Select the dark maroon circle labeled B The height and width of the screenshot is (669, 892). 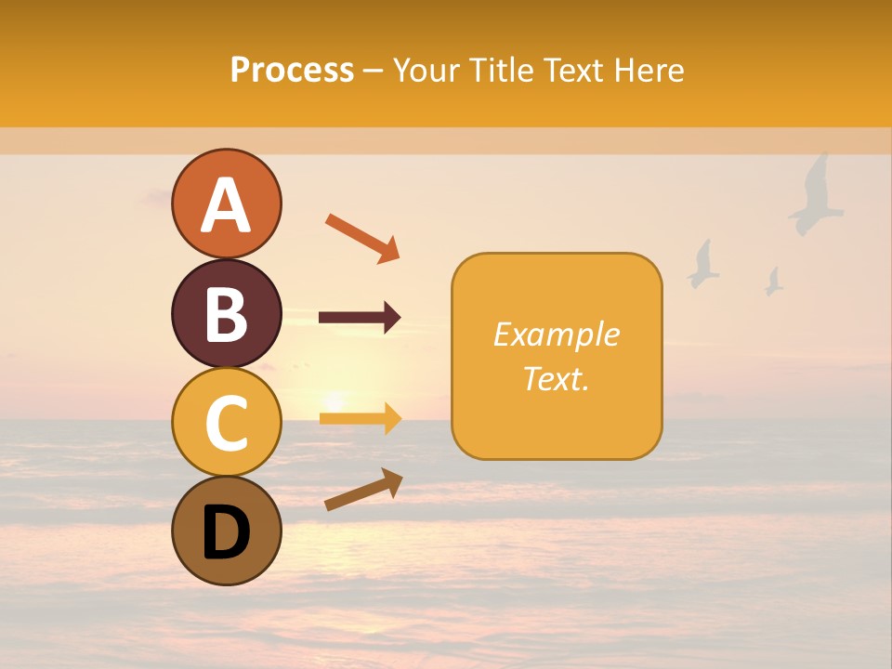tap(226, 313)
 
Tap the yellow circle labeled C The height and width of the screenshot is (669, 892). tap(226, 422)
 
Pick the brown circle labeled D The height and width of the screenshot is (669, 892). tap(226, 531)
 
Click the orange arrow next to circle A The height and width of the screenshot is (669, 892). tap(362, 237)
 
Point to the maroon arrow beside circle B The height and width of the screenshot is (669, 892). tap(360, 318)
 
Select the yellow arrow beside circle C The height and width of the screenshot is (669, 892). tap(360, 419)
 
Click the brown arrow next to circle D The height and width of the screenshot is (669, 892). tap(363, 490)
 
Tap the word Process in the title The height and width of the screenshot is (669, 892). tap(292, 70)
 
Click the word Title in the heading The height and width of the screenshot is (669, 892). tap(502, 70)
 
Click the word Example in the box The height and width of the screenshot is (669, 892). tap(556, 334)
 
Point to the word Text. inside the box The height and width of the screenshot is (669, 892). tap(556, 378)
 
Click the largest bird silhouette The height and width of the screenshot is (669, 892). tap(816, 195)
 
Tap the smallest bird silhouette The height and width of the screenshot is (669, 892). tap(773, 282)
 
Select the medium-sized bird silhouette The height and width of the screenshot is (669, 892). tap(703, 264)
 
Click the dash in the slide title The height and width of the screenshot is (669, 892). tap(373, 71)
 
